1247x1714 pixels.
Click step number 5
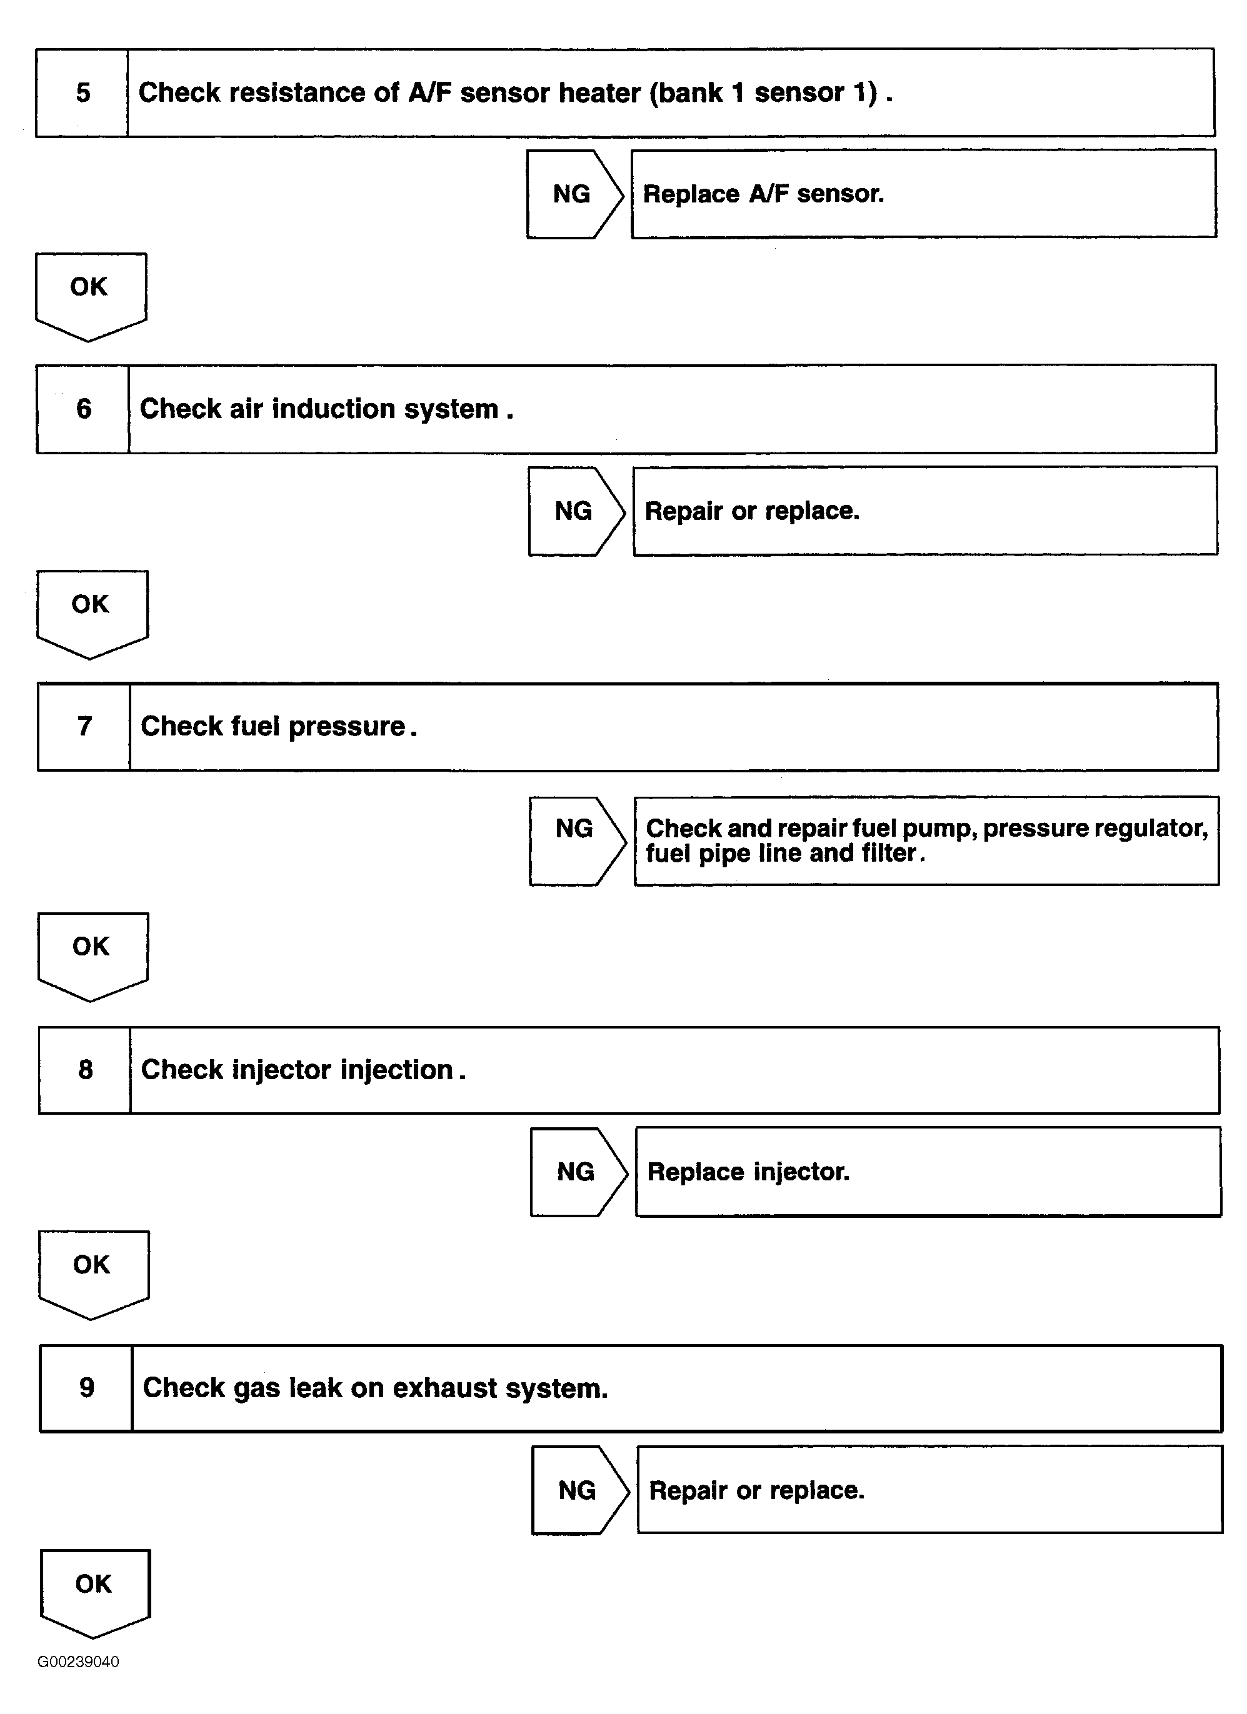coord(83,93)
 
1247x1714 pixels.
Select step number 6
coord(84,409)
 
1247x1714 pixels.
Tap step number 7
coord(84,726)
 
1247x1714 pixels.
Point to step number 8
coord(86,1069)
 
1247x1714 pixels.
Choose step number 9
coord(87,1388)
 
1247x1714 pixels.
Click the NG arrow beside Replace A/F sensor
coord(573,194)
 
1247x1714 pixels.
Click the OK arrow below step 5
coord(90,291)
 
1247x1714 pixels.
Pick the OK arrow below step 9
coord(94,1588)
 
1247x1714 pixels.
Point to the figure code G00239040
coord(78,1662)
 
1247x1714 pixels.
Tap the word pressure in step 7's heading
coord(348,727)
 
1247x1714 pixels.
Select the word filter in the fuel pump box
coord(889,853)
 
